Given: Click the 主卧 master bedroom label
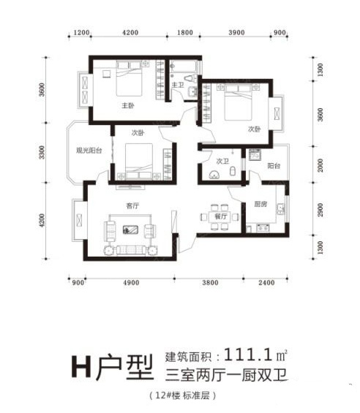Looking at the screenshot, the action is click(128, 105).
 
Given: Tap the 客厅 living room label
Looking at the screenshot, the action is click(132, 205).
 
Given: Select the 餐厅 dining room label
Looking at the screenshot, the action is click(220, 216).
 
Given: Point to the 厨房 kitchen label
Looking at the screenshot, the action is click(260, 204).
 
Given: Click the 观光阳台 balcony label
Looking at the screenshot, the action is click(89, 151).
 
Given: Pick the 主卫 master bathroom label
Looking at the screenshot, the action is click(178, 85).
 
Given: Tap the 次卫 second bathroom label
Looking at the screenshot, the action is click(222, 161).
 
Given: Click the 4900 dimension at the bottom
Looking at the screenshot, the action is click(131, 283).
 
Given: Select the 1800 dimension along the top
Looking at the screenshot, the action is click(185, 33).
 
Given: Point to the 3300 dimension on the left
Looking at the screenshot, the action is click(42, 153).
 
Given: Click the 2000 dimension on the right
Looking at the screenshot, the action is click(320, 165).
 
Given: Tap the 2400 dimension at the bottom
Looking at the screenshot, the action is click(266, 283).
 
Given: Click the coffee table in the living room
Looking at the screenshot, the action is click(130, 230).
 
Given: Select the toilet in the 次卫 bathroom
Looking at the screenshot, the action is click(233, 171).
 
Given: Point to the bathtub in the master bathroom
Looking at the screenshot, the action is click(183, 66).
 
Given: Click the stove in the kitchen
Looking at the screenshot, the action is click(263, 227).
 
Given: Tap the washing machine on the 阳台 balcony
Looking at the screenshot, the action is click(255, 154).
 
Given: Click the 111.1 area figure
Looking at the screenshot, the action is click(247, 355).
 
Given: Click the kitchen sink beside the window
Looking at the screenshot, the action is click(280, 209).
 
